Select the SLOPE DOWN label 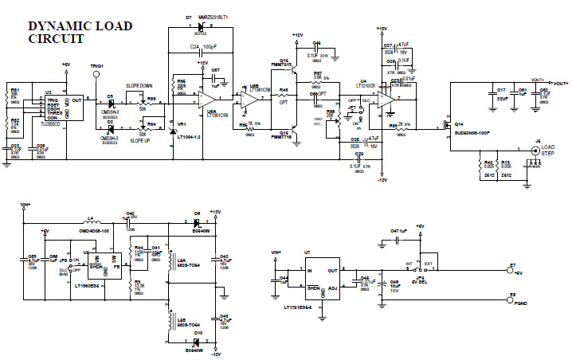pyautogui.click(x=141, y=86)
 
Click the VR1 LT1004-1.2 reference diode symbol pyautogui.click(x=174, y=129)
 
